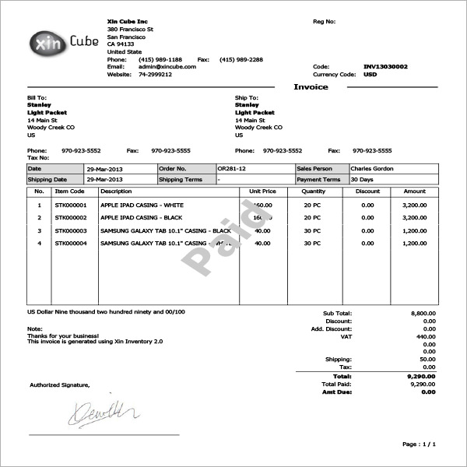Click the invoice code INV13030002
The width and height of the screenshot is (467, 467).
click(385, 67)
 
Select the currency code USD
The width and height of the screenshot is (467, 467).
click(370, 75)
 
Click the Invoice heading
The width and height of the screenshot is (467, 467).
click(311, 86)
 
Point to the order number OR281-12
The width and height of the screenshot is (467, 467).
click(232, 168)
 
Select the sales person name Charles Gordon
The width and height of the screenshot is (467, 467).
click(372, 168)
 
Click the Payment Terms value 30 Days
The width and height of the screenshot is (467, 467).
click(362, 179)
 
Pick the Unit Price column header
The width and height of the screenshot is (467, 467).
click(262, 191)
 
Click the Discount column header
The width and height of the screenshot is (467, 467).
click(367, 191)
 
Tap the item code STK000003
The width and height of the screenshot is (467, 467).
click(71, 231)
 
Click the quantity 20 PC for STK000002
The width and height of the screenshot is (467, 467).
click(312, 218)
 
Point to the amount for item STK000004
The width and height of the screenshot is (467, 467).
click(414, 244)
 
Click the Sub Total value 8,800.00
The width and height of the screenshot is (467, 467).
click(423, 313)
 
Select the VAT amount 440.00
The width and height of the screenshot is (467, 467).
click(427, 336)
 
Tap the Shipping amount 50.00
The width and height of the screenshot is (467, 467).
click(428, 360)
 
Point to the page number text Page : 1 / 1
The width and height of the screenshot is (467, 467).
click(419, 444)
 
